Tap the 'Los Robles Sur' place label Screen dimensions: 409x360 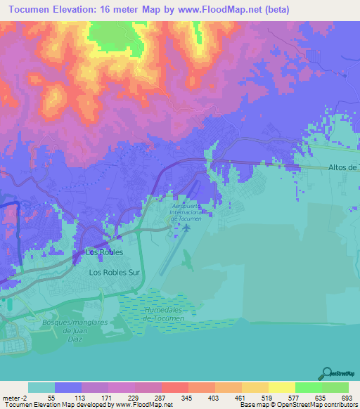115,271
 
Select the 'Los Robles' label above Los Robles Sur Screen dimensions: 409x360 104,252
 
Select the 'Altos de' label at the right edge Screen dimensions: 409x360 344,167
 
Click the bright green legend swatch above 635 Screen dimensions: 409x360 308,387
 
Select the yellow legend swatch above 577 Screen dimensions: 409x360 281,387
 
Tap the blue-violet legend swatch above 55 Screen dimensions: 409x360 67,387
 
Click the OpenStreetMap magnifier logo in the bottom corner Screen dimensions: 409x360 326,375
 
